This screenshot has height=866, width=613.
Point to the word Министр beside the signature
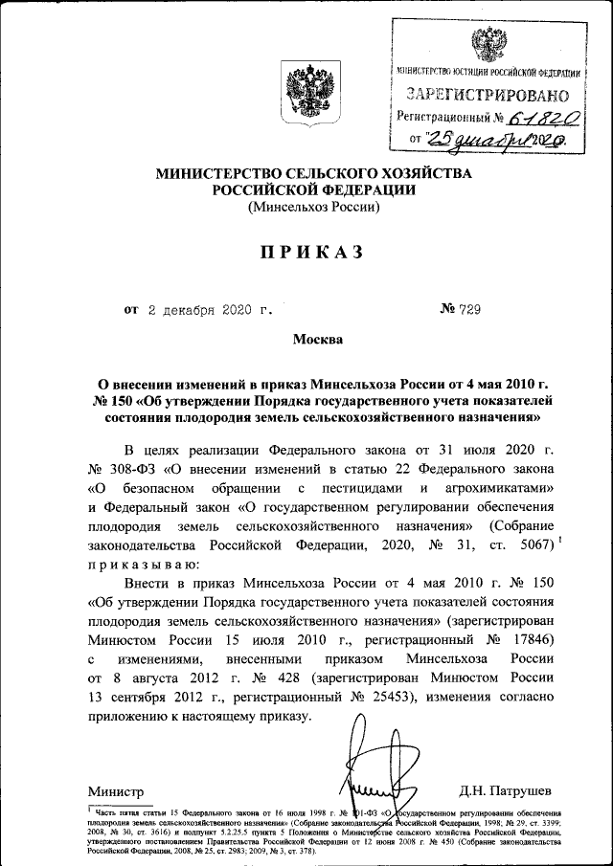(x=116, y=791)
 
